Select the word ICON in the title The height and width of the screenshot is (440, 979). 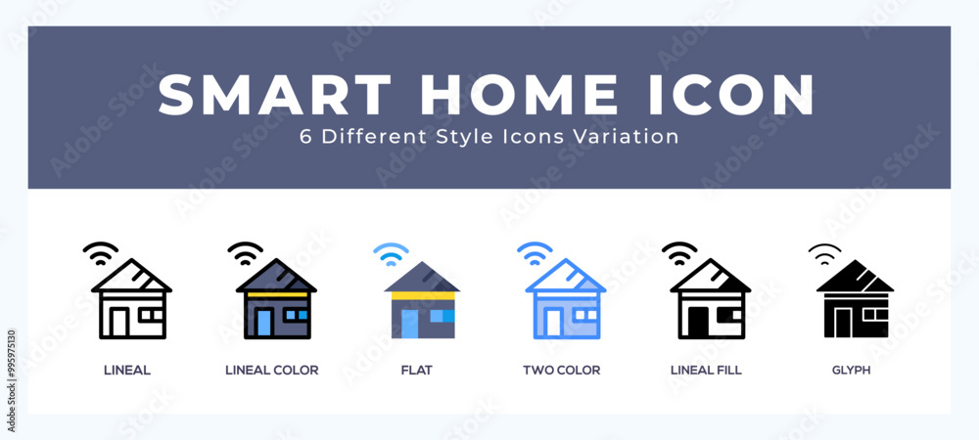[x=731, y=95]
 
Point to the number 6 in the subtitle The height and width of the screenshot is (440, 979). [x=305, y=137]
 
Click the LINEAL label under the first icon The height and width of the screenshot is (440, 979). [x=126, y=371]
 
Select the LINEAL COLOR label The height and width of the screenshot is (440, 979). [x=271, y=371]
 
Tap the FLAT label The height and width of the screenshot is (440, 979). [x=416, y=371]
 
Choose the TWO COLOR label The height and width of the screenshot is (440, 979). [x=561, y=371]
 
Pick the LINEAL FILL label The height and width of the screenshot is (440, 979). [x=706, y=371]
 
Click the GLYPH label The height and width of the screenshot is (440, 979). [x=851, y=371]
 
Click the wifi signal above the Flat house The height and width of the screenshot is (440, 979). [x=391, y=254]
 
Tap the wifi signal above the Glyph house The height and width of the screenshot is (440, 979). [x=824, y=254]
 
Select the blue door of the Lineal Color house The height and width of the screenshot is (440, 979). [x=264, y=323]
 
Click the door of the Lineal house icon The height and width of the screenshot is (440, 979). [x=119, y=323]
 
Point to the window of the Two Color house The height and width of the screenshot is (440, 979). [x=585, y=316]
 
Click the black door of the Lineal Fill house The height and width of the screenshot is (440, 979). [x=698, y=323]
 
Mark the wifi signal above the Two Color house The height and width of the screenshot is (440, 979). [x=536, y=254]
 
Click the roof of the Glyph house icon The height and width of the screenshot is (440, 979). [x=855, y=277]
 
